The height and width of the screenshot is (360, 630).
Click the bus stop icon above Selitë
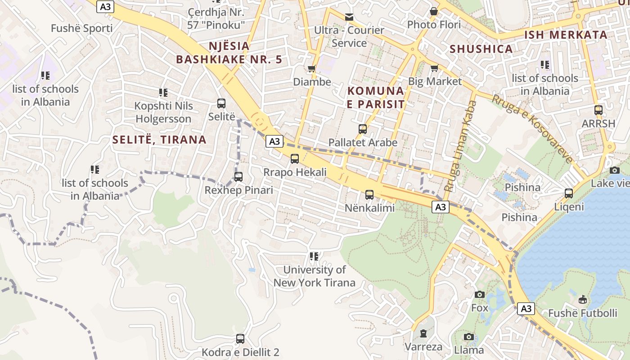tap(221, 103)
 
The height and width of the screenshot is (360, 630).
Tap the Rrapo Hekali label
tap(295, 172)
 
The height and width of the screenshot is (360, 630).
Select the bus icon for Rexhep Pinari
tap(238, 177)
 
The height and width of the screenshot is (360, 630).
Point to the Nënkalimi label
tap(369, 208)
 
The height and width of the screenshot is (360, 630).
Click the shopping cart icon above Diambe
tap(311, 69)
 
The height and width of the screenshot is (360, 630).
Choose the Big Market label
tap(435, 81)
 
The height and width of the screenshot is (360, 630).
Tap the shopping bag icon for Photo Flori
tap(434, 11)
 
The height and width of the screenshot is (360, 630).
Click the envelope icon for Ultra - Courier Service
tap(349, 17)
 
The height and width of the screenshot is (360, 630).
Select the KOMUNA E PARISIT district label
tap(376, 98)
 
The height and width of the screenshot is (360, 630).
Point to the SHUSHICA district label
tap(481, 49)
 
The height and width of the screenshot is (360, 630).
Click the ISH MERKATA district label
tap(566, 35)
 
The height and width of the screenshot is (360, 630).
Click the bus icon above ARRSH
tap(598, 110)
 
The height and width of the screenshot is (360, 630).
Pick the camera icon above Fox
tap(480, 294)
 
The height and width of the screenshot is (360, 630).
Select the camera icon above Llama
tap(468, 337)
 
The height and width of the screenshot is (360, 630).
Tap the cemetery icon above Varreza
tap(423, 333)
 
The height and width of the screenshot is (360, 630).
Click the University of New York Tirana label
tap(314, 276)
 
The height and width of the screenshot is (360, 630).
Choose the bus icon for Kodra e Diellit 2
tap(240, 338)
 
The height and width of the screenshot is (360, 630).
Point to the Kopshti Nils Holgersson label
tap(163, 112)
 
